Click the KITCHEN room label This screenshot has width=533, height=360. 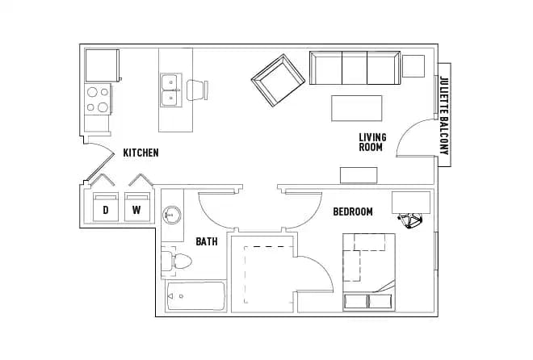(141, 153)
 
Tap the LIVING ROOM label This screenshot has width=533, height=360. (372, 143)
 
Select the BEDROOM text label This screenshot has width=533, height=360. (353, 211)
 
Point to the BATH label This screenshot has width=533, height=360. (206, 241)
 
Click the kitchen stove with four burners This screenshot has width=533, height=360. (98, 99)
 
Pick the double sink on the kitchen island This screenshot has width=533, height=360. (170, 90)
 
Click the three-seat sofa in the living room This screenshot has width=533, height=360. (355, 68)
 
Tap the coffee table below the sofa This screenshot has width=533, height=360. (356, 107)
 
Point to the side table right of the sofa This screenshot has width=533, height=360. (413, 65)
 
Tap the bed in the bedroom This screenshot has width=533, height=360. (368, 270)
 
